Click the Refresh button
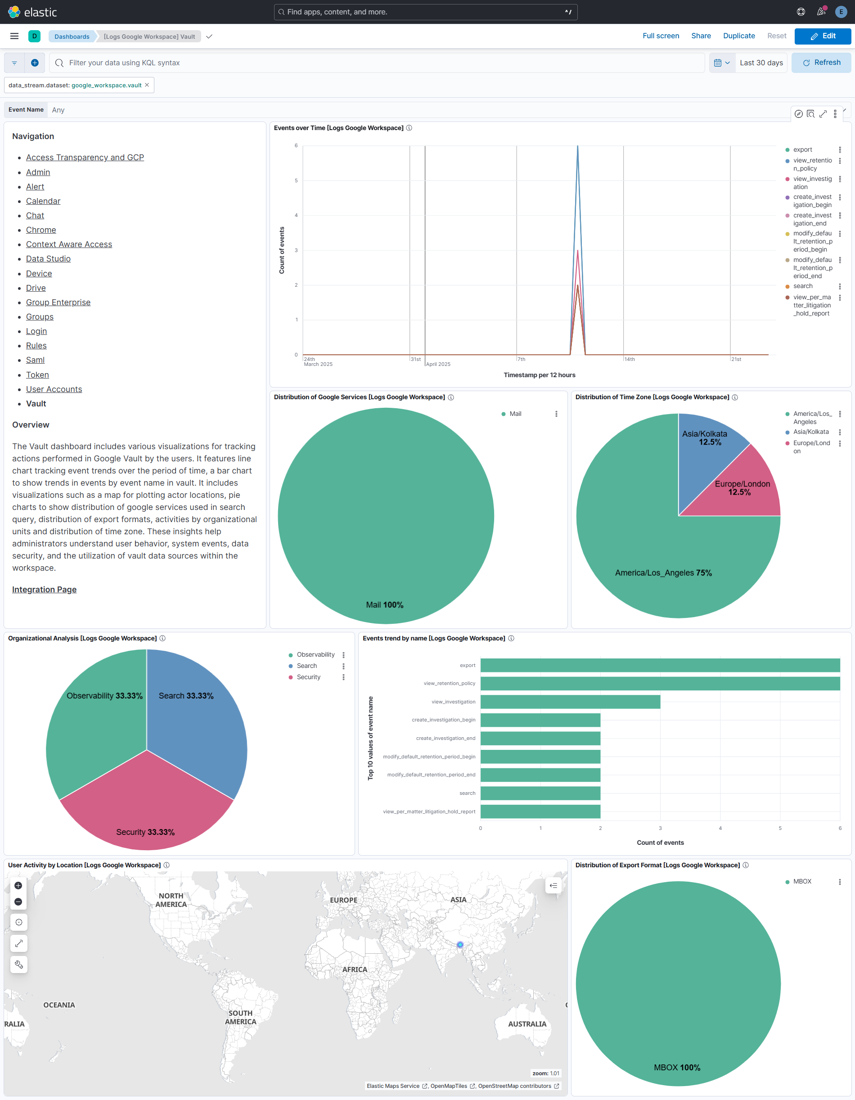821,63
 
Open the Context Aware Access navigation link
69,244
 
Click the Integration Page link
44,589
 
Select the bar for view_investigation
570,702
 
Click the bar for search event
540,793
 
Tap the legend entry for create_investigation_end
812,219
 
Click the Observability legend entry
315,654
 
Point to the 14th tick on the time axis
629,359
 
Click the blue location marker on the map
460,945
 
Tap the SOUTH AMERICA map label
240,1017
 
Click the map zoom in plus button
18,885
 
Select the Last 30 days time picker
760,63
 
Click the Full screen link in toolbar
660,36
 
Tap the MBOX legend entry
801,881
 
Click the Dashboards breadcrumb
72,36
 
